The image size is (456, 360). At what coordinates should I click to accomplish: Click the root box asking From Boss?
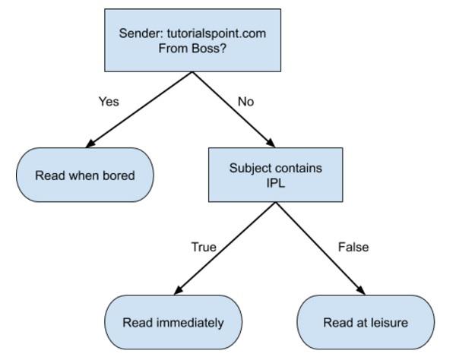pyautogui.click(x=192, y=40)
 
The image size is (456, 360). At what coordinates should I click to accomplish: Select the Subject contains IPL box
pyautogui.click(x=275, y=175)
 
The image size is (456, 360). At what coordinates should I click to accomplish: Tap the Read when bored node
pyautogui.click(x=85, y=175)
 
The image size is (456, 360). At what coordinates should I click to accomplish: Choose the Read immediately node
pyautogui.click(x=173, y=322)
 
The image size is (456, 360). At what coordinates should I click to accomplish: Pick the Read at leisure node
pyautogui.click(x=366, y=322)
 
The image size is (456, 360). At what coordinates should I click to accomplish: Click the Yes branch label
pyautogui.click(x=109, y=101)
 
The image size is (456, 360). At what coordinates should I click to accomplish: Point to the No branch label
pyautogui.click(x=245, y=101)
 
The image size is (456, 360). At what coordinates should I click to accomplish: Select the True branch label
pyautogui.click(x=203, y=247)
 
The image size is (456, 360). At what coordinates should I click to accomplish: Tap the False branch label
pyautogui.click(x=353, y=247)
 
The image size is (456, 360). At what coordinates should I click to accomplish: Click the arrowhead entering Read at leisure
pyautogui.click(x=361, y=290)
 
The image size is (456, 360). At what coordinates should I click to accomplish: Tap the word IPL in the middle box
pyautogui.click(x=275, y=182)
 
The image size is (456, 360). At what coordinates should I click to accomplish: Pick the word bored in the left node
pyautogui.click(x=119, y=175)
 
